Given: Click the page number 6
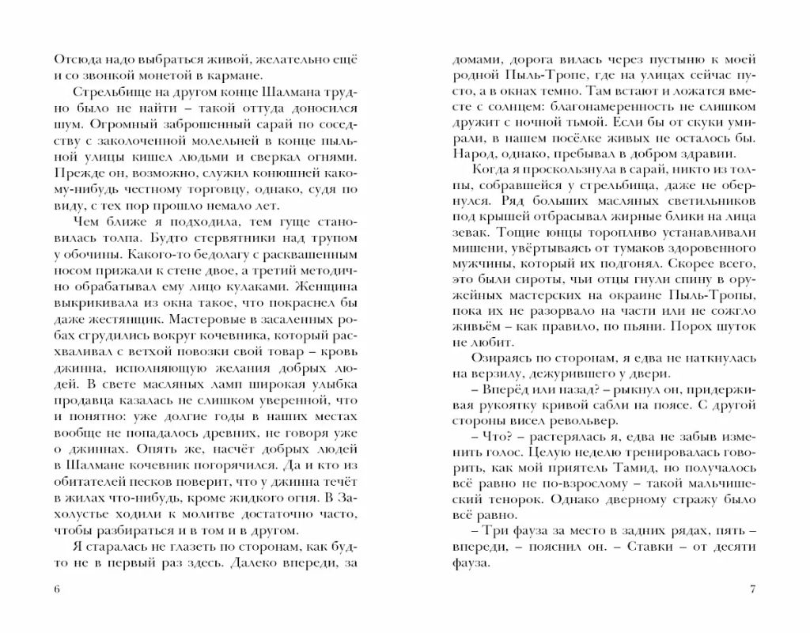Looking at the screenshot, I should click(x=53, y=589).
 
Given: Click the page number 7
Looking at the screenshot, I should click(x=753, y=589).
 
